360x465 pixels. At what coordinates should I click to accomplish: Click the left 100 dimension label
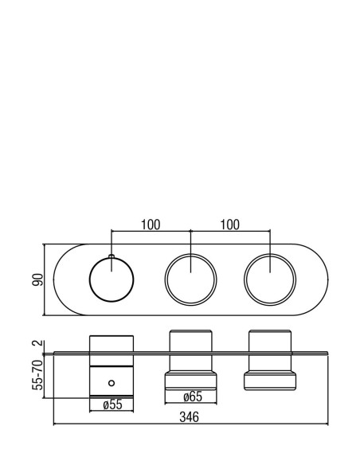pyautogui.click(x=150, y=225)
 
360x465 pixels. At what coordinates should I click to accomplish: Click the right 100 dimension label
pyautogui.click(x=229, y=225)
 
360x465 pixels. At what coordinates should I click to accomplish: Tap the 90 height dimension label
pyautogui.click(x=37, y=279)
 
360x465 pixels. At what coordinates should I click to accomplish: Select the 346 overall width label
pyautogui.click(x=190, y=417)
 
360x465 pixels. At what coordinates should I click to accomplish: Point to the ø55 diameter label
pyautogui.click(x=112, y=404)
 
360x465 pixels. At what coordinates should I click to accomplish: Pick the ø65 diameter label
pyautogui.click(x=193, y=397)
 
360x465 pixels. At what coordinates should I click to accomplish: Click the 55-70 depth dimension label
pyautogui.click(x=37, y=375)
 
